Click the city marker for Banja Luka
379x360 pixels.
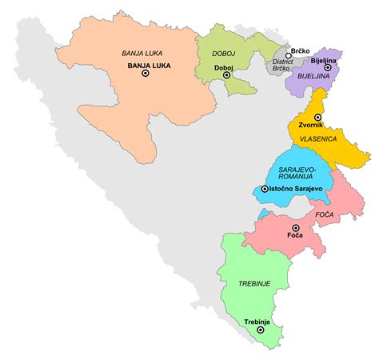click(x=146, y=74)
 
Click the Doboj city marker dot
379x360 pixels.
click(x=226, y=77)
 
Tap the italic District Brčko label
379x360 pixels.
click(x=281, y=65)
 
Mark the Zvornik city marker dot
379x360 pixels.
click(x=317, y=118)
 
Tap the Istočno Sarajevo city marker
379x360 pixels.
click(x=265, y=190)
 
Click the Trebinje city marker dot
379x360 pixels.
click(x=261, y=329)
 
